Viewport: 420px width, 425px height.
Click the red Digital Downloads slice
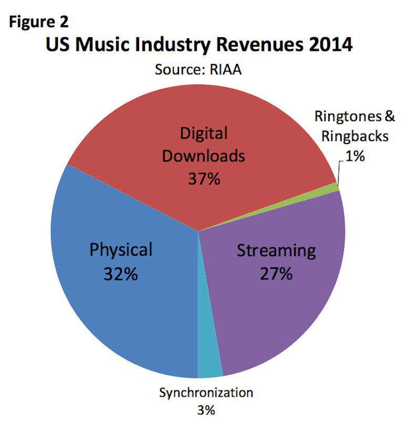point(157,121)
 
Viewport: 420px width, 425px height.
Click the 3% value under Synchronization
point(206,409)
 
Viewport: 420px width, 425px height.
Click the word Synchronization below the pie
point(206,392)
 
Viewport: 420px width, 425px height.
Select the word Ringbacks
point(355,136)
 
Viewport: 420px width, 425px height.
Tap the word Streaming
point(276,250)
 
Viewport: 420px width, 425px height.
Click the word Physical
point(121,249)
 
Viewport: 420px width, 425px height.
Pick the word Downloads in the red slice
point(204,156)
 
